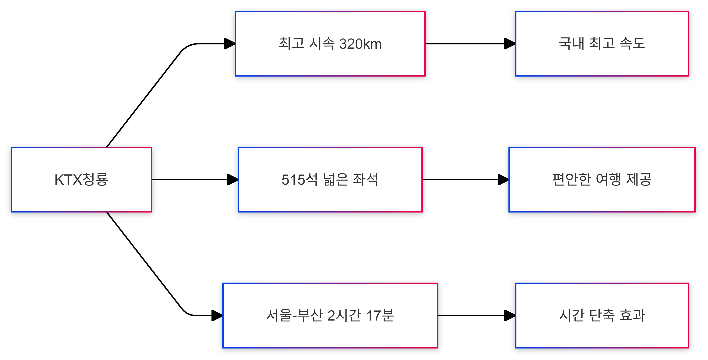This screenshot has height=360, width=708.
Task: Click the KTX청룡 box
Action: [x=81, y=180]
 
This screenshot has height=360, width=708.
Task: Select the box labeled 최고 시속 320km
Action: [x=330, y=44]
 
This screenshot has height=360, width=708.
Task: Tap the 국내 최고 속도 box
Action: [x=602, y=44]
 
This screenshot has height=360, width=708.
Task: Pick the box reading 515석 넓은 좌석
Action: [x=330, y=180]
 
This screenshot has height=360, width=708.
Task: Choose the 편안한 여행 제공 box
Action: [x=602, y=180]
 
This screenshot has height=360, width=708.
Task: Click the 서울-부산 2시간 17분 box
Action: [x=330, y=315]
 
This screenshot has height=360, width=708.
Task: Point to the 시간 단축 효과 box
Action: [x=602, y=315]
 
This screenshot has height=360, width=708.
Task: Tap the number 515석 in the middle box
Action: [x=299, y=180]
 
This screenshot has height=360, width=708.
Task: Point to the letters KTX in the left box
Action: [x=68, y=180]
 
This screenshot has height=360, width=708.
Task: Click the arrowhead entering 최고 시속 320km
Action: [x=230, y=44]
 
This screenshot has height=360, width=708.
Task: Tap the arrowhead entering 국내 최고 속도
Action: [x=510, y=44]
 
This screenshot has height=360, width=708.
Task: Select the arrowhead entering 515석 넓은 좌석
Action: [x=232, y=180]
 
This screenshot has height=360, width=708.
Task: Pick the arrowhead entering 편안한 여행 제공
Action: [x=503, y=180]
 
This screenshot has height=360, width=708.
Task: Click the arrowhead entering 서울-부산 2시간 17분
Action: [x=217, y=315]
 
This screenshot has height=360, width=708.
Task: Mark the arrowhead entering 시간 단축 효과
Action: [x=510, y=315]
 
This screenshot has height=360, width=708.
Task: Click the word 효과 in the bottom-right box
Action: [x=632, y=315]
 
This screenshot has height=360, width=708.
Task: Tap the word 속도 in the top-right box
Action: [x=632, y=44]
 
